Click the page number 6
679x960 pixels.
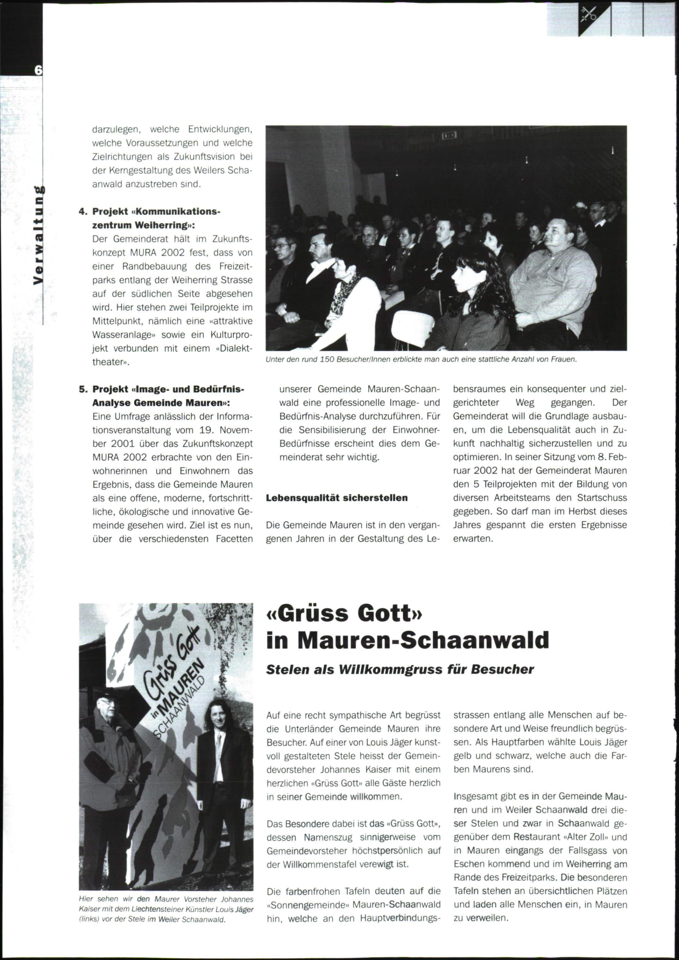click(x=38, y=70)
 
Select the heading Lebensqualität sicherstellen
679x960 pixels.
click(x=337, y=498)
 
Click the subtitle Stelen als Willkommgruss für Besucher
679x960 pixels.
click(x=400, y=669)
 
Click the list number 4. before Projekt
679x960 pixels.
click(x=83, y=211)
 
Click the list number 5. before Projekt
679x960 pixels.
click(x=83, y=389)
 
